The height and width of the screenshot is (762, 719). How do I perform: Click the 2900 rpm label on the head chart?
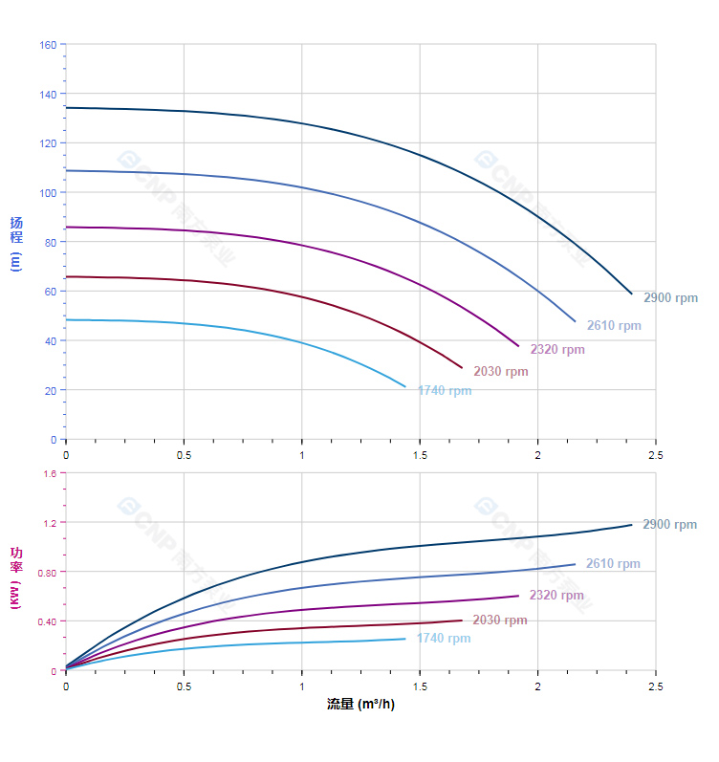pos(670,298)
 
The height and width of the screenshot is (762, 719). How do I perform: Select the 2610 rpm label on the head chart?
pos(614,326)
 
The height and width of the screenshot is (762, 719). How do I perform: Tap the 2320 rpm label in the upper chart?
pos(557,350)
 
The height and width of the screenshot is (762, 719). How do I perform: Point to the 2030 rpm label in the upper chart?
pos(500,372)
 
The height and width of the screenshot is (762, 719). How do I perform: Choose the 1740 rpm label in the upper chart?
pos(445,391)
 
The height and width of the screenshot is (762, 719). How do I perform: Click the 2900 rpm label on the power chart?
pos(669,525)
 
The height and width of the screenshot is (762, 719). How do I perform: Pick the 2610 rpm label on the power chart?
pos(613,564)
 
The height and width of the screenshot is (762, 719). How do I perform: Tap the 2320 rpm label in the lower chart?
pos(556,596)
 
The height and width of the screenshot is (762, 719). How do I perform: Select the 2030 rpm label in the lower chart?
pos(499,620)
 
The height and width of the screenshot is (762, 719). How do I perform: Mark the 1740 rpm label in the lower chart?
pos(444,639)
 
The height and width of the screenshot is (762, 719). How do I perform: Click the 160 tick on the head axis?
pos(48,44)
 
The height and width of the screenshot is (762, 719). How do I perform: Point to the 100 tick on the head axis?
pos(48,193)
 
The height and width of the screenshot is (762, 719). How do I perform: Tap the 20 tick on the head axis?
pos(51,391)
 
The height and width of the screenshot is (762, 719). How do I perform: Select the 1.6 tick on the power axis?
pos(50,473)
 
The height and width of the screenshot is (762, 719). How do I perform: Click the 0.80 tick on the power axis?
pos(47,573)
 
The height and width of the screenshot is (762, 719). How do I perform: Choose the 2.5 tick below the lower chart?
pos(656,687)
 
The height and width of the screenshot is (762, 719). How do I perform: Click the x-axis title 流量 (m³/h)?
pos(360,705)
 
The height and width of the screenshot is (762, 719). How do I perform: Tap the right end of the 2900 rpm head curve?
pos(632,294)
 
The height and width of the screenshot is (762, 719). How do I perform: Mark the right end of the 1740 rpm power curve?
pos(405,639)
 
